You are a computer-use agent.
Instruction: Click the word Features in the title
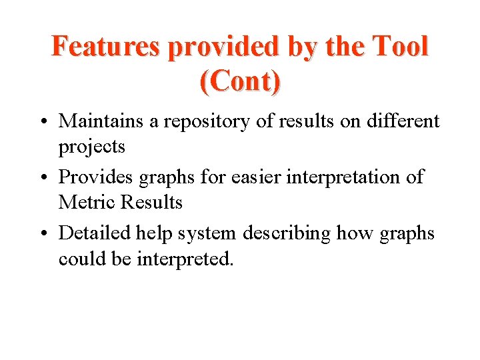(106, 47)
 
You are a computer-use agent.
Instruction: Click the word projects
(92, 146)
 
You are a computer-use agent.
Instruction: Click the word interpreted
(185, 259)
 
